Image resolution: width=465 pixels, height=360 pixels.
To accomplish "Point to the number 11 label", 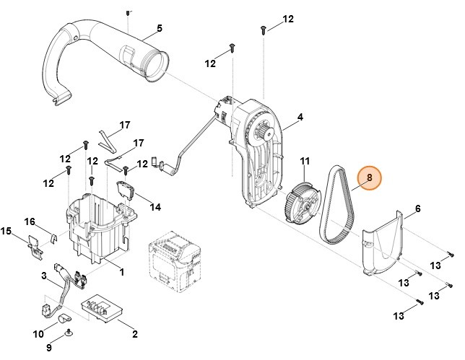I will tap(304, 160).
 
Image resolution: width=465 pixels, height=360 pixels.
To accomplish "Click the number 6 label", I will tap(417, 210).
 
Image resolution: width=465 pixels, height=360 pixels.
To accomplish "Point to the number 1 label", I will tap(122, 272).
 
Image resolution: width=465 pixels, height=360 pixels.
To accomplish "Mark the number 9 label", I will tap(50, 347).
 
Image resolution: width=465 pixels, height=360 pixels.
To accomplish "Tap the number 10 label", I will tap(38, 334).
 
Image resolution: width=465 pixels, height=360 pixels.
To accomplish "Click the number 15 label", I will tap(6, 231).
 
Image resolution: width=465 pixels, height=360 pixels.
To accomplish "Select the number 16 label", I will tap(30, 221).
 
